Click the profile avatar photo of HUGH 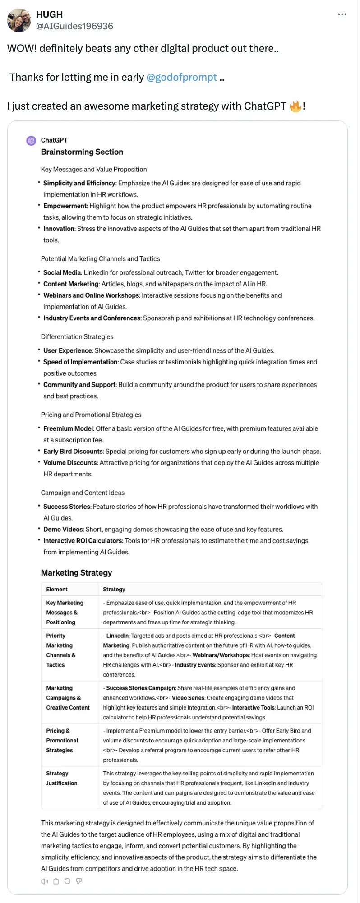coord(19,21)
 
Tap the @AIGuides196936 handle coord(74,26)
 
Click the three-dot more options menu coord(342,14)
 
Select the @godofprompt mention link coord(181,77)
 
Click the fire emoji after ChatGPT coord(295,106)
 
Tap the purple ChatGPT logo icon coord(31,141)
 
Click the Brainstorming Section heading coord(82,152)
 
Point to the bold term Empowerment coord(65,206)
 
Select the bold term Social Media coord(62,273)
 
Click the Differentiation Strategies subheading coord(77,337)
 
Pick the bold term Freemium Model coord(68,428)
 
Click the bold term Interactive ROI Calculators coord(83,541)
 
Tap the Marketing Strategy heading coord(76,573)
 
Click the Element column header coord(57,590)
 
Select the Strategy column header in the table coord(114,590)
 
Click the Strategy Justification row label coord(61,778)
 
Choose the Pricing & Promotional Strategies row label coord(62,740)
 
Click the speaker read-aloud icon coord(45,881)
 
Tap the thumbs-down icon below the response coord(79,881)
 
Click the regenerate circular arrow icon coord(67,881)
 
